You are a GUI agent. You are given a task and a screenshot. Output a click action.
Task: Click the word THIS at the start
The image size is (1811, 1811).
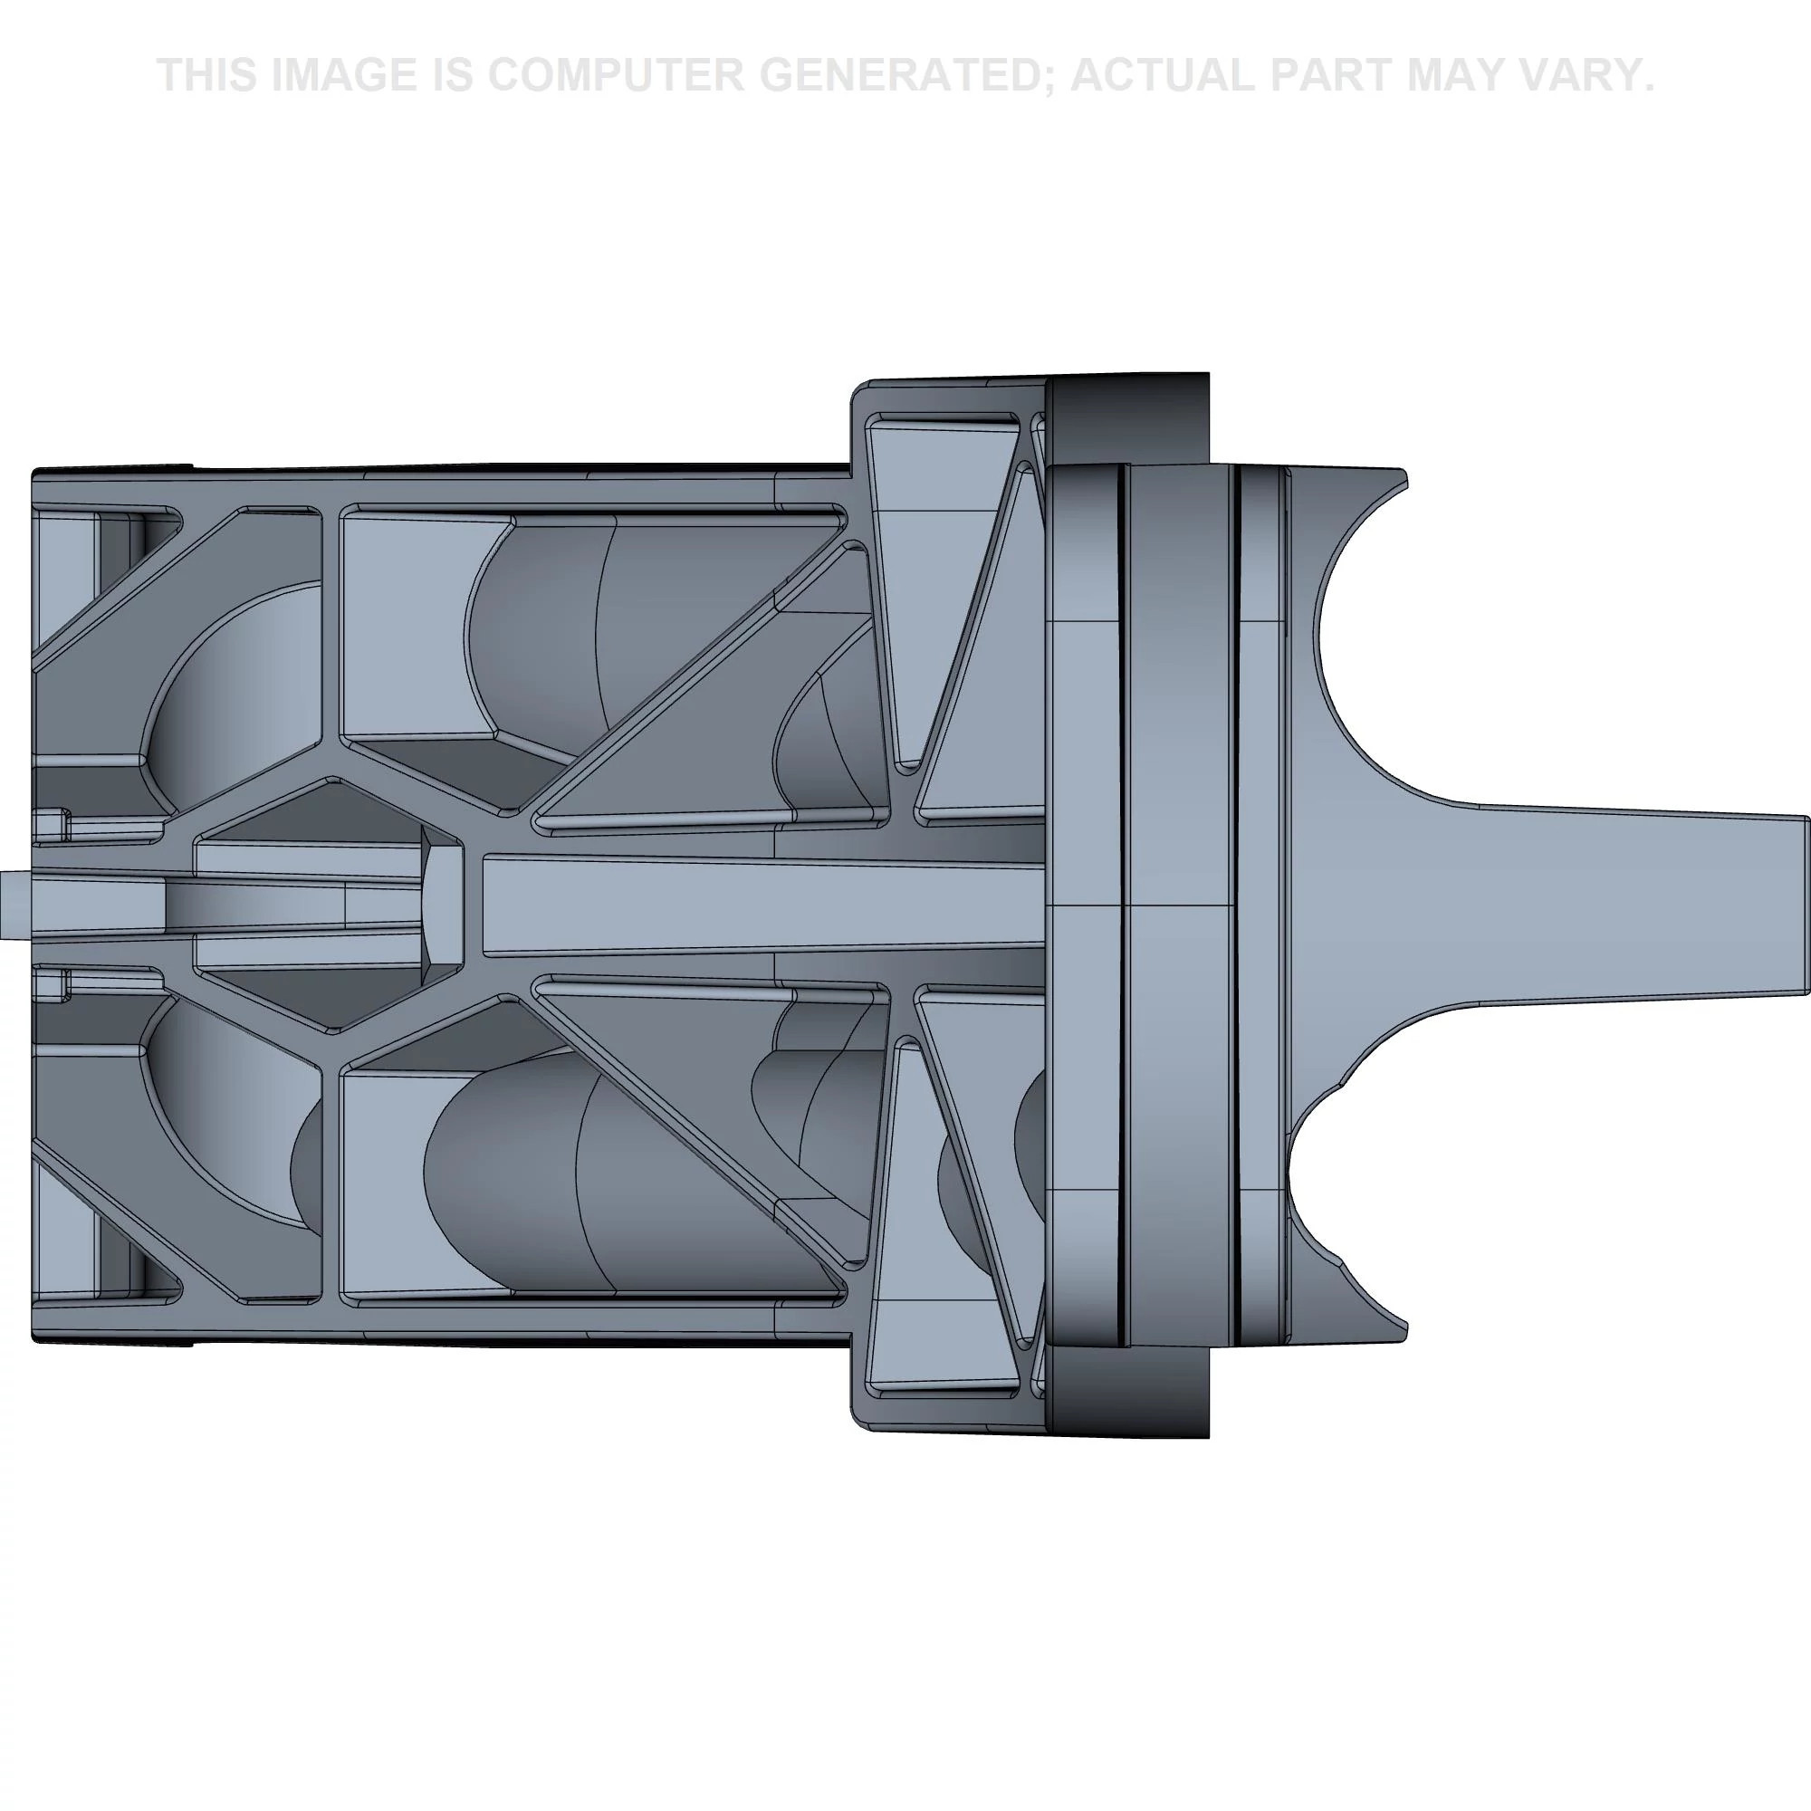pyautogui.click(x=206, y=75)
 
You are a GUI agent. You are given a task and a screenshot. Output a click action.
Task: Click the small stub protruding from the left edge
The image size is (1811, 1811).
pyautogui.click(x=15, y=904)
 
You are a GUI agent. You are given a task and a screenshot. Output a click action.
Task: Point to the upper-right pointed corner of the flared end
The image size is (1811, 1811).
pyautogui.click(x=1403, y=478)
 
